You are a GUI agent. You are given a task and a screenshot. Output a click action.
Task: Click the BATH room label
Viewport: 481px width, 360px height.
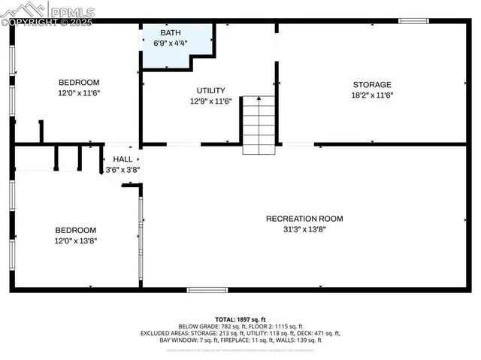[171, 33]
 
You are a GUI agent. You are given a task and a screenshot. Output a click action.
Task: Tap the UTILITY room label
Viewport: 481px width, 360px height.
[210, 90]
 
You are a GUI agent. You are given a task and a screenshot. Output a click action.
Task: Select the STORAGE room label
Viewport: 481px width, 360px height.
[372, 85]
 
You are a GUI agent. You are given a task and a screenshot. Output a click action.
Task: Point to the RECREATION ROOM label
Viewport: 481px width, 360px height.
[304, 219]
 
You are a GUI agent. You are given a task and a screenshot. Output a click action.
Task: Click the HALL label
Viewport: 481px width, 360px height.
[123, 159]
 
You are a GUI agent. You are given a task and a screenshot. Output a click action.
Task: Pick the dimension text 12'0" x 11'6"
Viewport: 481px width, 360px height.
[79, 92]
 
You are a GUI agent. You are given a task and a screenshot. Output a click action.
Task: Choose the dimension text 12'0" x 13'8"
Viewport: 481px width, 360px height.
[75, 241]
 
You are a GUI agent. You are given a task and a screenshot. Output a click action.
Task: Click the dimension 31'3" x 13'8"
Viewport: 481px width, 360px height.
[304, 229]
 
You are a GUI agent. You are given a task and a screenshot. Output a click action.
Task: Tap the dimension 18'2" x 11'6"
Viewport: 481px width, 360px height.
[372, 95]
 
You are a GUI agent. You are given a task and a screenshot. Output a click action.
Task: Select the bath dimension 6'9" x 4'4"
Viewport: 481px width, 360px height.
[171, 43]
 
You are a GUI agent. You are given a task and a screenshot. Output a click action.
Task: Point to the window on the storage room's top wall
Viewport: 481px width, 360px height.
[413, 20]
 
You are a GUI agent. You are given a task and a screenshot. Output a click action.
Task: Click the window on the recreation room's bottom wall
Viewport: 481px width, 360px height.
[207, 289]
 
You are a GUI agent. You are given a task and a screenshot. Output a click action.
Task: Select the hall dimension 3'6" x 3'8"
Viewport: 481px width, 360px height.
[123, 169]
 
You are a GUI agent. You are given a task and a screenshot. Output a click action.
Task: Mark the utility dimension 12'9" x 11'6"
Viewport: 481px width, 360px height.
[210, 101]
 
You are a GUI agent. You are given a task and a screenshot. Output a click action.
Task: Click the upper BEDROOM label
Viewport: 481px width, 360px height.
[79, 82]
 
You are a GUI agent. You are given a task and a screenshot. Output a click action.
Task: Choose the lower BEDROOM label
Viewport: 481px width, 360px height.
[75, 230]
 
